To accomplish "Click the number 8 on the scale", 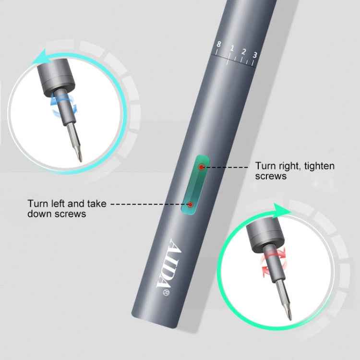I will pos(218,45).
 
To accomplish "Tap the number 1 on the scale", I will pos(231,48).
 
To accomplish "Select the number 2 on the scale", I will pos(244,51).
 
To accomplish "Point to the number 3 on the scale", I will pos(255,55).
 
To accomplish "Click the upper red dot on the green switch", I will pos(202,167).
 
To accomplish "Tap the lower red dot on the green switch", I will pos(191,204).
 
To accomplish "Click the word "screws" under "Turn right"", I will pos(271,176).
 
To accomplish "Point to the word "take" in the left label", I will pos(96,204).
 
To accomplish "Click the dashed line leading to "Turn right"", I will pos(228,167).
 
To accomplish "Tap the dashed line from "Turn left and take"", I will pos(149,204).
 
